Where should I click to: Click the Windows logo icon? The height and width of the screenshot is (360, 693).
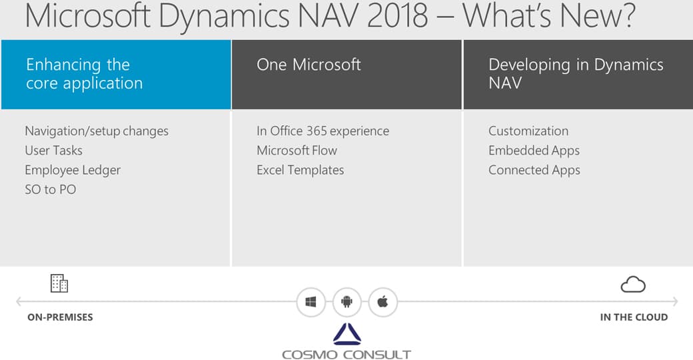(x=311, y=301)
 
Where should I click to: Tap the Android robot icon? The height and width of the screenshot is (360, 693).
(x=347, y=301)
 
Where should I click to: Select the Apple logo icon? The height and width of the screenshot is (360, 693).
(x=382, y=301)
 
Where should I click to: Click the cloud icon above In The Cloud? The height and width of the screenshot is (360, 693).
(x=633, y=285)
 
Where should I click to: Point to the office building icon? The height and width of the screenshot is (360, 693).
(x=59, y=283)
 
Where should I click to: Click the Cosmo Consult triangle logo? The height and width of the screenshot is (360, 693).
(x=347, y=334)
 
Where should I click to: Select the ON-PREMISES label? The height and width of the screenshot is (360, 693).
(x=60, y=317)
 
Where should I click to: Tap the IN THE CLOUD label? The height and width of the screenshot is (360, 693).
(x=634, y=317)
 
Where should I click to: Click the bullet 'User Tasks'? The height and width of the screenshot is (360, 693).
(x=53, y=151)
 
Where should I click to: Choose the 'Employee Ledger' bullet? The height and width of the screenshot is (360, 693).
(x=73, y=170)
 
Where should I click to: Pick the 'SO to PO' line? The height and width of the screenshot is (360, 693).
(x=51, y=190)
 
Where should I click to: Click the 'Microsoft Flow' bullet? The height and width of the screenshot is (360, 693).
(x=297, y=151)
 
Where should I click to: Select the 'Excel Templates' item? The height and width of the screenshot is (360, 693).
(x=300, y=170)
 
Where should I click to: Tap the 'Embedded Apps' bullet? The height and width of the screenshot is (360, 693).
(x=534, y=151)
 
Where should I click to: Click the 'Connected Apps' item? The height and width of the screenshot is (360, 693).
(x=534, y=170)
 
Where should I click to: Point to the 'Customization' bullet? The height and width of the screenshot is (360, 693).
(x=528, y=131)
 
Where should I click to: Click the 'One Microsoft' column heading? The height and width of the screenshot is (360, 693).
(x=309, y=65)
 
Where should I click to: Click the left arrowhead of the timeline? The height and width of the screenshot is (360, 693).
(x=18, y=301)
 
